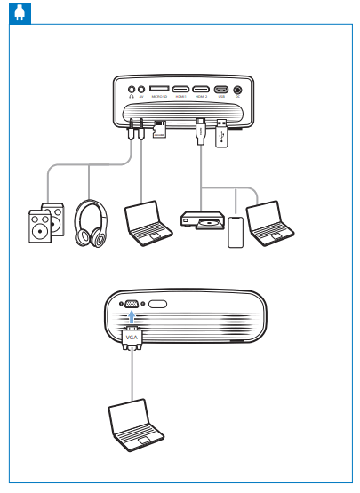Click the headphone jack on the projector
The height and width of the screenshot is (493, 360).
(x=132, y=90)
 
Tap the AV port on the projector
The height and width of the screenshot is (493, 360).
(x=141, y=90)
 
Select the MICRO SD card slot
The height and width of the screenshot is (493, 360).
(x=161, y=90)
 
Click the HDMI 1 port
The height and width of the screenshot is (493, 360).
(x=181, y=90)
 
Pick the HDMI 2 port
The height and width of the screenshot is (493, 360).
(x=202, y=90)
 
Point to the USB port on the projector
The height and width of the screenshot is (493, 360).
(x=221, y=90)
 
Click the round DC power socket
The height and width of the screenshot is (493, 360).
(x=237, y=90)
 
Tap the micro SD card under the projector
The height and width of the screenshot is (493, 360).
(x=161, y=131)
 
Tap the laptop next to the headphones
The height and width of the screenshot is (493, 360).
(x=148, y=222)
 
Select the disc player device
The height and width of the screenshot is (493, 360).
(x=201, y=220)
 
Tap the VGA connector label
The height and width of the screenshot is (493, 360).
(x=132, y=338)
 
